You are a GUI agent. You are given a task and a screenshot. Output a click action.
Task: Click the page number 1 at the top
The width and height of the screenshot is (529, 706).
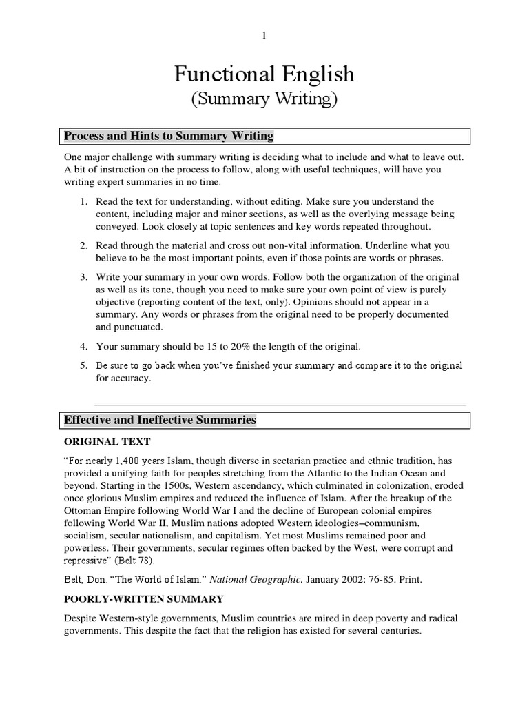[264, 36]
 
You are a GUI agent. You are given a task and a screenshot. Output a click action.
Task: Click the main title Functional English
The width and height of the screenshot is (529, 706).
[264, 74]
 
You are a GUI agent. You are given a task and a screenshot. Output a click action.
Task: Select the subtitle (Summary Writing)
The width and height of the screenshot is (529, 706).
[264, 99]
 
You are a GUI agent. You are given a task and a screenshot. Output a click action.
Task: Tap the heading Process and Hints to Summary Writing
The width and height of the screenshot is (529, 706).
[169, 136]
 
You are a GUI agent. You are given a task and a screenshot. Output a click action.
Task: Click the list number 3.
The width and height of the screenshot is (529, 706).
[83, 276]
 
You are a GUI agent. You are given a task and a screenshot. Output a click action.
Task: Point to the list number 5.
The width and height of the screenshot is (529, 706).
[83, 365]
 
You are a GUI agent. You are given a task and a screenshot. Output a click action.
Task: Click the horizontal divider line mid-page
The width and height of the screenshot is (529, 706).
[280, 404]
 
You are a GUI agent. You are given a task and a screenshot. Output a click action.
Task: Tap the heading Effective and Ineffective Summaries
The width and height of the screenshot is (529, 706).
[160, 420]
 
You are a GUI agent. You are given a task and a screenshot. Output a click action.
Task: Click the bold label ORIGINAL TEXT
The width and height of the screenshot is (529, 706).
[107, 441]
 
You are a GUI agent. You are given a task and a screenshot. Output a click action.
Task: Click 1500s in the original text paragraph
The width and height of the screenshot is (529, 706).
[156, 486]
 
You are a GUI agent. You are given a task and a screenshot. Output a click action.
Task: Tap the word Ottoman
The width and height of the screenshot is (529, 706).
[86, 512]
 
